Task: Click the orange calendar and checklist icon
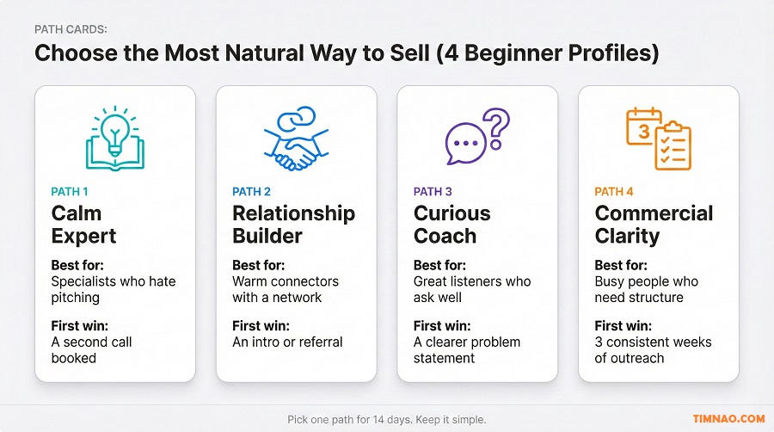point(657,138)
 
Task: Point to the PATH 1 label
point(71,192)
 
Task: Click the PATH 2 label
point(252,192)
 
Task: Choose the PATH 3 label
point(433,192)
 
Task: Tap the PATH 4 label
point(614,192)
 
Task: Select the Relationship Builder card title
point(293,225)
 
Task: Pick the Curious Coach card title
point(452,225)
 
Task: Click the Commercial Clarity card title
point(654,225)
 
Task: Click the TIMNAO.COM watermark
point(728,419)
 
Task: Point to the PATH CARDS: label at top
point(71,29)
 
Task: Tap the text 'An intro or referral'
point(287,342)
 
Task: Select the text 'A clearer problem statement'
point(466,349)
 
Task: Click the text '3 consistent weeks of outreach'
point(652,349)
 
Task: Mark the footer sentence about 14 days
point(386,419)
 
